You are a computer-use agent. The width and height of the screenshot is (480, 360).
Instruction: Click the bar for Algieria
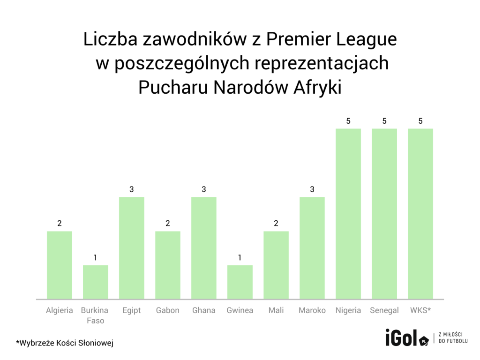pyautogui.click(x=60, y=265)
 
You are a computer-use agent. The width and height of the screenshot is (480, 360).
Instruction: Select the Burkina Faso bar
pyautogui.click(x=96, y=282)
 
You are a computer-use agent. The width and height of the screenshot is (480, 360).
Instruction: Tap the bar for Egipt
pyautogui.click(x=132, y=247)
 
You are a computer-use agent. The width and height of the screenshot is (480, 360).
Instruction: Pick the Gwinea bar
pyautogui.click(x=240, y=282)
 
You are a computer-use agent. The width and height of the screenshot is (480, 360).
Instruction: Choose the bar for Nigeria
pyautogui.click(x=348, y=213)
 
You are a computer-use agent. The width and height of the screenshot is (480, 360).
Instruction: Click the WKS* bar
pyautogui.click(x=420, y=213)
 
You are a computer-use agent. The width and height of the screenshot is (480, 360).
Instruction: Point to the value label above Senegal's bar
pyautogui.click(x=384, y=121)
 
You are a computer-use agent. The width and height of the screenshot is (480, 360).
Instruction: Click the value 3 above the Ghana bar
pyautogui.click(x=204, y=189)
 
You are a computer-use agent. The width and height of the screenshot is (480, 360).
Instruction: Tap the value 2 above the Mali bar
pyautogui.click(x=276, y=224)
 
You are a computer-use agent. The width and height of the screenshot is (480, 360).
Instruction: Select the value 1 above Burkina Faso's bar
pyautogui.click(x=96, y=258)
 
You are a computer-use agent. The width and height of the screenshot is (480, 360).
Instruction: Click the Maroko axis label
pyautogui.click(x=312, y=310)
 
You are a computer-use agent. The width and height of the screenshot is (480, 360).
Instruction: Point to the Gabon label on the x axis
pyautogui.click(x=168, y=310)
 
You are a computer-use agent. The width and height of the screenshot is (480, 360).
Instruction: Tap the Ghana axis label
pyautogui.click(x=204, y=310)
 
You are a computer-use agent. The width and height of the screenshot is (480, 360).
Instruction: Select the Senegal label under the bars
pyautogui.click(x=384, y=310)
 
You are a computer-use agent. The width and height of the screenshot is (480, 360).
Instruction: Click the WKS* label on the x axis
pyautogui.click(x=420, y=310)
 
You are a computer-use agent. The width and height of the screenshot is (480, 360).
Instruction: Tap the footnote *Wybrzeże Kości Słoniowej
pyautogui.click(x=65, y=343)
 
